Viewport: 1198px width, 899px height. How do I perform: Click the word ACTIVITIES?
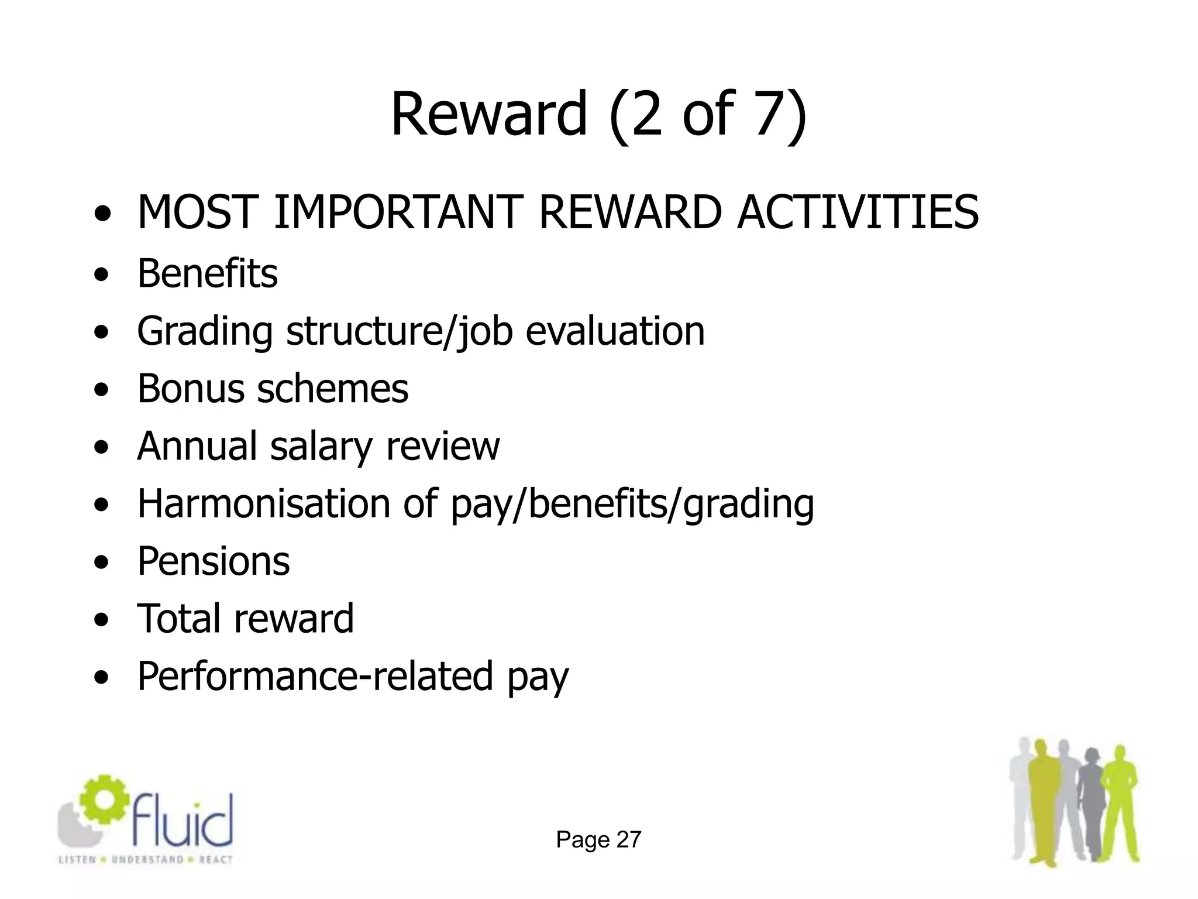(x=858, y=212)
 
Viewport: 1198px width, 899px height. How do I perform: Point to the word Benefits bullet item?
(x=207, y=274)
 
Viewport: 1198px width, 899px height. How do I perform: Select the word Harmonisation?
(x=263, y=503)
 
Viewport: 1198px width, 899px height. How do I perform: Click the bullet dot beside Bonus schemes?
(x=102, y=390)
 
